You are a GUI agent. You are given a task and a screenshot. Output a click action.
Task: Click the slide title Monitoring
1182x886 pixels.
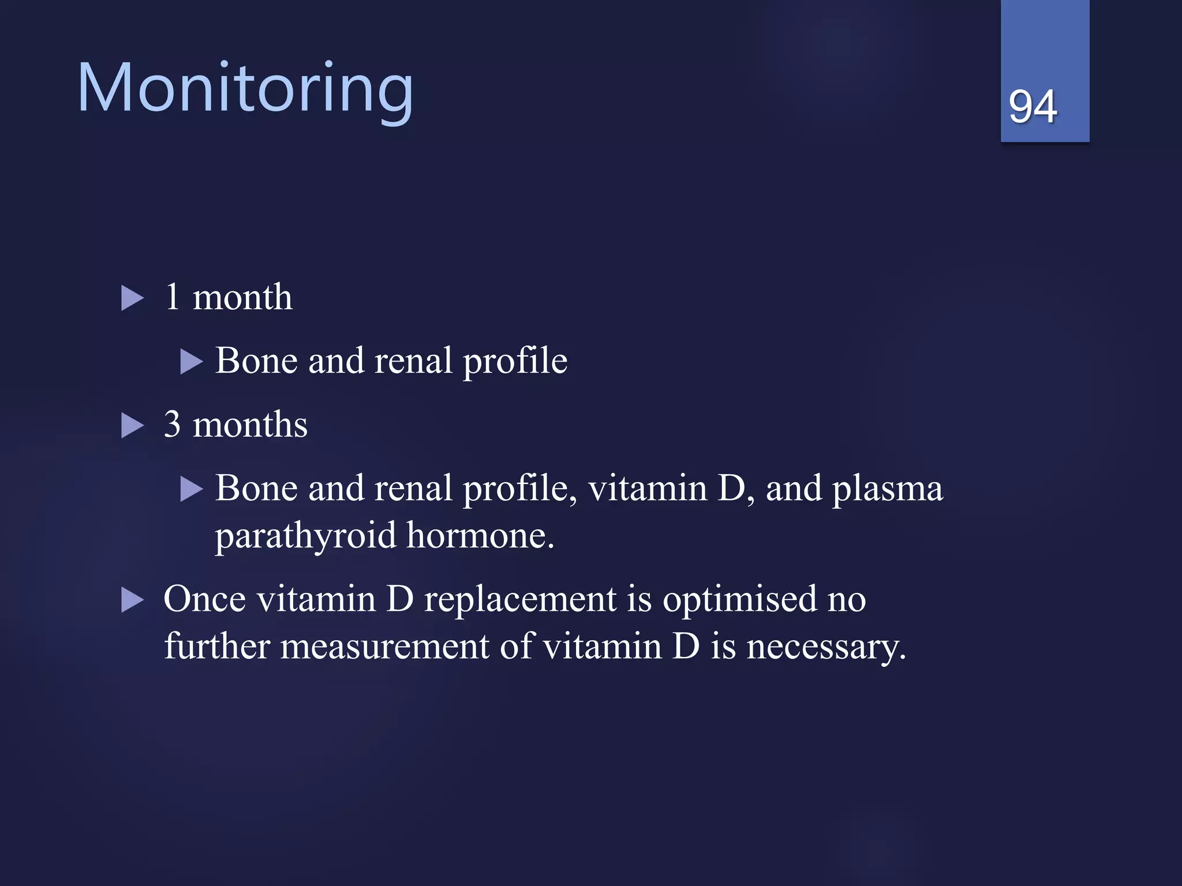click(245, 89)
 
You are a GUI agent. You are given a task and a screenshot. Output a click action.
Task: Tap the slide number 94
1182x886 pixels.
click(1033, 107)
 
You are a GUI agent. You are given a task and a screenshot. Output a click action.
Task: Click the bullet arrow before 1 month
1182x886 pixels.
click(132, 299)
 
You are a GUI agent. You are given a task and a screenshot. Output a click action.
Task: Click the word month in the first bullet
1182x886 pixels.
click(242, 298)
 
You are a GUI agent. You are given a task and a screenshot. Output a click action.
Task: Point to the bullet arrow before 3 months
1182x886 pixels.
click(132, 426)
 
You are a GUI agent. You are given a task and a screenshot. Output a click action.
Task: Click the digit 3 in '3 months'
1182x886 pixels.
click(172, 425)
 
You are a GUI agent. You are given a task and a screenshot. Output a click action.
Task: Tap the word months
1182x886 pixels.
click(249, 425)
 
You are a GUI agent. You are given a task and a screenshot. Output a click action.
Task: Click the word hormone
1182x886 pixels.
click(480, 535)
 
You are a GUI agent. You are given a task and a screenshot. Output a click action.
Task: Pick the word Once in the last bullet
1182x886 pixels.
click(204, 599)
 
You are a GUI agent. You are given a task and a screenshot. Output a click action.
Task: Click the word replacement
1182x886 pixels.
click(520, 600)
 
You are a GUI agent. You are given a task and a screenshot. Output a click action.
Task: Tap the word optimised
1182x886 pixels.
click(739, 600)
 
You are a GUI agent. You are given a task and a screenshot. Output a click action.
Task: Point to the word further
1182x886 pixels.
click(216, 646)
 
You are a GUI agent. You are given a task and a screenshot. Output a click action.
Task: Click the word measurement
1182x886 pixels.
click(384, 646)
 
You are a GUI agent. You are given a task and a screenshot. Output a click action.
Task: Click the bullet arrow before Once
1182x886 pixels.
click(132, 600)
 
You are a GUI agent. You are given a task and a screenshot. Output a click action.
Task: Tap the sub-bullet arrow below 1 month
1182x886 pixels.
click(191, 362)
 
